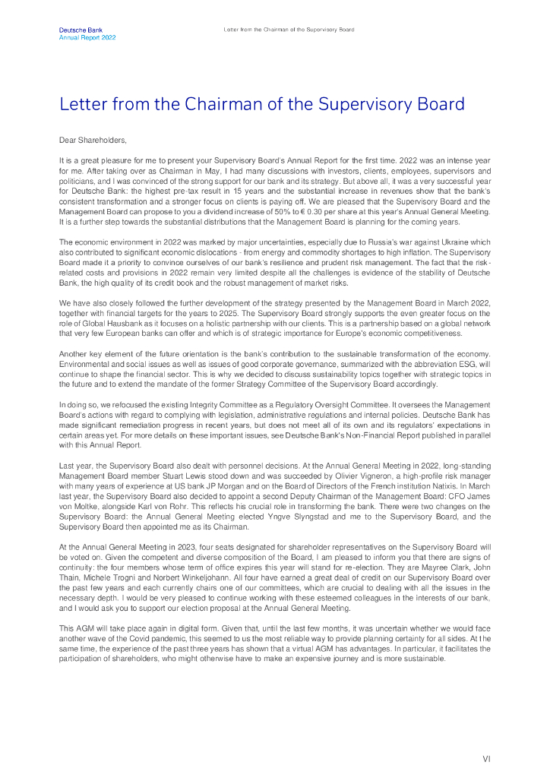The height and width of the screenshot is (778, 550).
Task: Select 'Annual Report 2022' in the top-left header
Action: [x=87, y=36]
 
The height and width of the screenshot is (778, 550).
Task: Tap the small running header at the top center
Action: [x=289, y=30]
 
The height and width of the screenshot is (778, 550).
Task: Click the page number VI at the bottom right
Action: [x=486, y=758]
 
